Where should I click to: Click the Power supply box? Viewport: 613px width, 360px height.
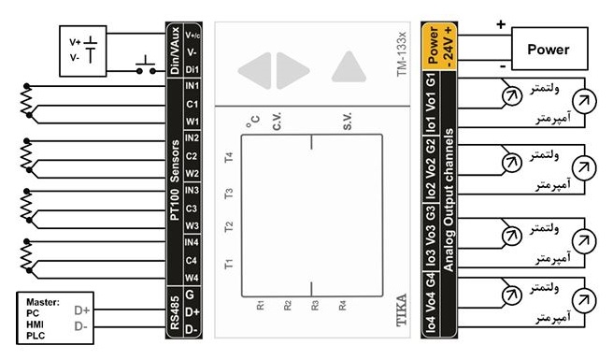tap(549, 49)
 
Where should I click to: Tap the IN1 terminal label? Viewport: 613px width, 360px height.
tap(192, 86)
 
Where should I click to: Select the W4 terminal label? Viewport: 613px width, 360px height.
tap(192, 278)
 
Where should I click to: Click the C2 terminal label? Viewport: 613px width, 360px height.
tap(192, 156)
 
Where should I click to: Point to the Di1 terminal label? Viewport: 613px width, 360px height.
tap(192, 69)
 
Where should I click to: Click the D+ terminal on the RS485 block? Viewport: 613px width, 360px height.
tap(192, 312)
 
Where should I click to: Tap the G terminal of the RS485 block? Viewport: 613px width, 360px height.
tap(190, 295)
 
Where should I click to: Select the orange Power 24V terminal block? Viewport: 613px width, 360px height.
tap(439, 46)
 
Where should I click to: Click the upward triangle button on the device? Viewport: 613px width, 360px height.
tap(349, 66)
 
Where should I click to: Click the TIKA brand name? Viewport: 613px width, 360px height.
tap(401, 310)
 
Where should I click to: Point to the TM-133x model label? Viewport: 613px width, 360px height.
tap(402, 54)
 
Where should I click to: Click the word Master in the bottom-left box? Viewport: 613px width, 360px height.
tap(43, 302)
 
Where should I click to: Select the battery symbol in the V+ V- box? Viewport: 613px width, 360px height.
tap(91, 50)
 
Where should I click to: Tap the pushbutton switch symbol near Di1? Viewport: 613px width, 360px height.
tap(146, 65)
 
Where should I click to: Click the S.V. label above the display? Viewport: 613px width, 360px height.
tap(348, 122)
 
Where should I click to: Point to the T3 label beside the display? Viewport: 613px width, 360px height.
tap(229, 194)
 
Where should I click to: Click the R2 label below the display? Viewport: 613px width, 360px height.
tap(288, 305)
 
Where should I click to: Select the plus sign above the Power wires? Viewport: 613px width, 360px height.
tap(501, 24)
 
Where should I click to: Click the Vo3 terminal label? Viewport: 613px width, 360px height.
tap(431, 236)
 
